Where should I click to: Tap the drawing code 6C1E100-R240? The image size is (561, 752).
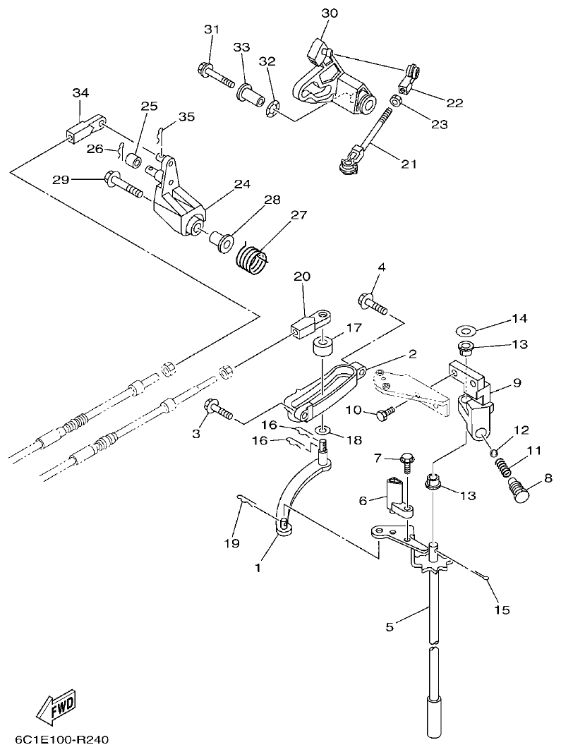(62, 740)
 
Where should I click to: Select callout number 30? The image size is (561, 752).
(330, 13)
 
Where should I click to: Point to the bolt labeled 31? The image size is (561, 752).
(216, 74)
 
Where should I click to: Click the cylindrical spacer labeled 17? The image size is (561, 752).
(323, 349)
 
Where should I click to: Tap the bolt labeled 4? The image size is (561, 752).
(373, 304)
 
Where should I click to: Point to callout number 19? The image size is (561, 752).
(232, 543)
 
